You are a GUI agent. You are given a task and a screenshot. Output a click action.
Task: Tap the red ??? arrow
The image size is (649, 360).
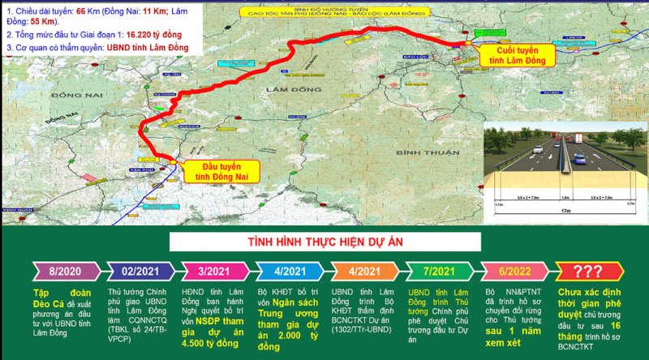[590, 271]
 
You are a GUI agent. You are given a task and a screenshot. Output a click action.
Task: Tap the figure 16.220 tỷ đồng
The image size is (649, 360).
[182, 36]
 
